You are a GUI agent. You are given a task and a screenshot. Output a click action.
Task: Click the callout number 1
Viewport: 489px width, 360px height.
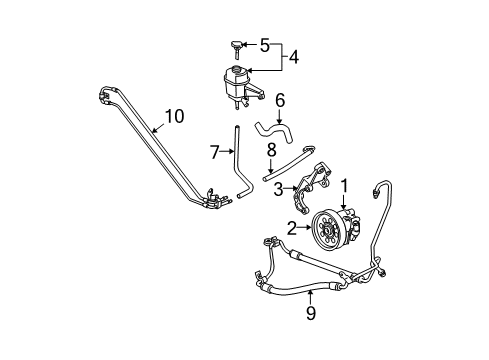pos(346,185)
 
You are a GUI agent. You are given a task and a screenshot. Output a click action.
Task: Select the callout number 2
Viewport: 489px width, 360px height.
pos(290,229)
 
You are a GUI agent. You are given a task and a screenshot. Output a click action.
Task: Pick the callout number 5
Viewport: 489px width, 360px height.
pos(265,45)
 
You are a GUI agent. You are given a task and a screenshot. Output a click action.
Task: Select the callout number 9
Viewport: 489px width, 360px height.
pos(311,314)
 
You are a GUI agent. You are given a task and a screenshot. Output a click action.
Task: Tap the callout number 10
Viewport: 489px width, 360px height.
pos(175,117)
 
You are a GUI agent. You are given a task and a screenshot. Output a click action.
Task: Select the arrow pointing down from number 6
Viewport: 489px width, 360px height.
pos(280,117)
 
